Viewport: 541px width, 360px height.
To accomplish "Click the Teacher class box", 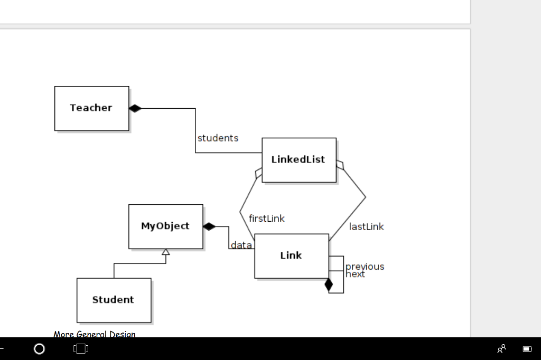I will (91, 108).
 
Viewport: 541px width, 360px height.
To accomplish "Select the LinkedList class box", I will (299, 160).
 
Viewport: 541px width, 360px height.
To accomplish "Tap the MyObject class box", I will (165, 226).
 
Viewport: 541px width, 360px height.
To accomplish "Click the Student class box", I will (114, 300).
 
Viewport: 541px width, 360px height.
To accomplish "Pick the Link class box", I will (291, 256).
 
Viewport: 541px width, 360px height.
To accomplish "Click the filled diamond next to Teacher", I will (135, 108).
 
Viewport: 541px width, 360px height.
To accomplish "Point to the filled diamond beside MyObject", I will (209, 226).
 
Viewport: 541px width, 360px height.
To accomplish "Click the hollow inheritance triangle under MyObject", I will (166, 252).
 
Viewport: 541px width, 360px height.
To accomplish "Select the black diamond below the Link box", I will (329, 285).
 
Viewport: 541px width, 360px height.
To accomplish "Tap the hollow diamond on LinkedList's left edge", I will (258, 173).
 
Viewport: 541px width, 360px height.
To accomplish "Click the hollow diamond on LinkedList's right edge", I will (340, 165).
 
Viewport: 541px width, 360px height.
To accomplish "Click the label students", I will (218, 138).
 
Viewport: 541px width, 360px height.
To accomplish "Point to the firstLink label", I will (266, 219).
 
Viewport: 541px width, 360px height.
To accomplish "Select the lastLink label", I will (366, 227).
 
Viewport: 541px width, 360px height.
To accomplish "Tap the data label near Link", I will (241, 245).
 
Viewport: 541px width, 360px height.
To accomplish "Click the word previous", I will (365, 267).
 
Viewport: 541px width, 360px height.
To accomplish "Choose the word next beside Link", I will (355, 274).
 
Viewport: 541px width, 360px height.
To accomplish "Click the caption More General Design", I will (95, 334).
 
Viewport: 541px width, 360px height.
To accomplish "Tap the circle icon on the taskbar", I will (39, 349).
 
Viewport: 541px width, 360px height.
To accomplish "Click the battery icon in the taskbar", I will (527, 349).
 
